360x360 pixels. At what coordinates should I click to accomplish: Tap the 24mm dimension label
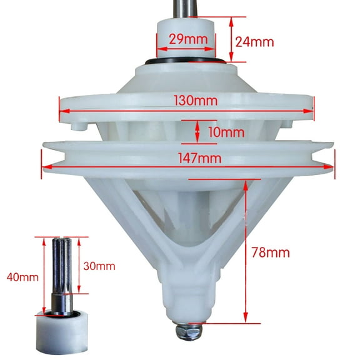tap(254, 42)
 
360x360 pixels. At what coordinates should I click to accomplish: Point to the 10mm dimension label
tap(226, 132)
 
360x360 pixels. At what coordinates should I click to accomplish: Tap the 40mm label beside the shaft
tap(19, 274)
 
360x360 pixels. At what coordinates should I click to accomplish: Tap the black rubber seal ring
tap(187, 62)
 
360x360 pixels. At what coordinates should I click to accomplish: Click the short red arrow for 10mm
tap(198, 131)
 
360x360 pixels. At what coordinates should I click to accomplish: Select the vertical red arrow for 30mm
tap(80, 265)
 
